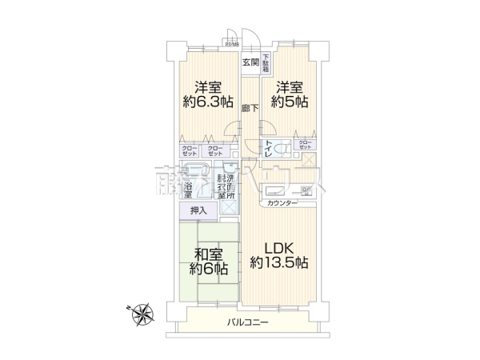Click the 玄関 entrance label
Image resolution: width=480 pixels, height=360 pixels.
coord(250,62)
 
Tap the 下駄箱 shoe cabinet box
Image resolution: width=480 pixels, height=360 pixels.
coord(266,62)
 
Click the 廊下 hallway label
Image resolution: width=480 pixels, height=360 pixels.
coord(250,109)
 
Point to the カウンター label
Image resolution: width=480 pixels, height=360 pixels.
coord(282,204)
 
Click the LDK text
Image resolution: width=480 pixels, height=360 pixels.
coord(276,246)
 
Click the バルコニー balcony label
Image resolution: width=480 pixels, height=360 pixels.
coord(247,322)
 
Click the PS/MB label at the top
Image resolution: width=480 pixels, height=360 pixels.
coord(230,45)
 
